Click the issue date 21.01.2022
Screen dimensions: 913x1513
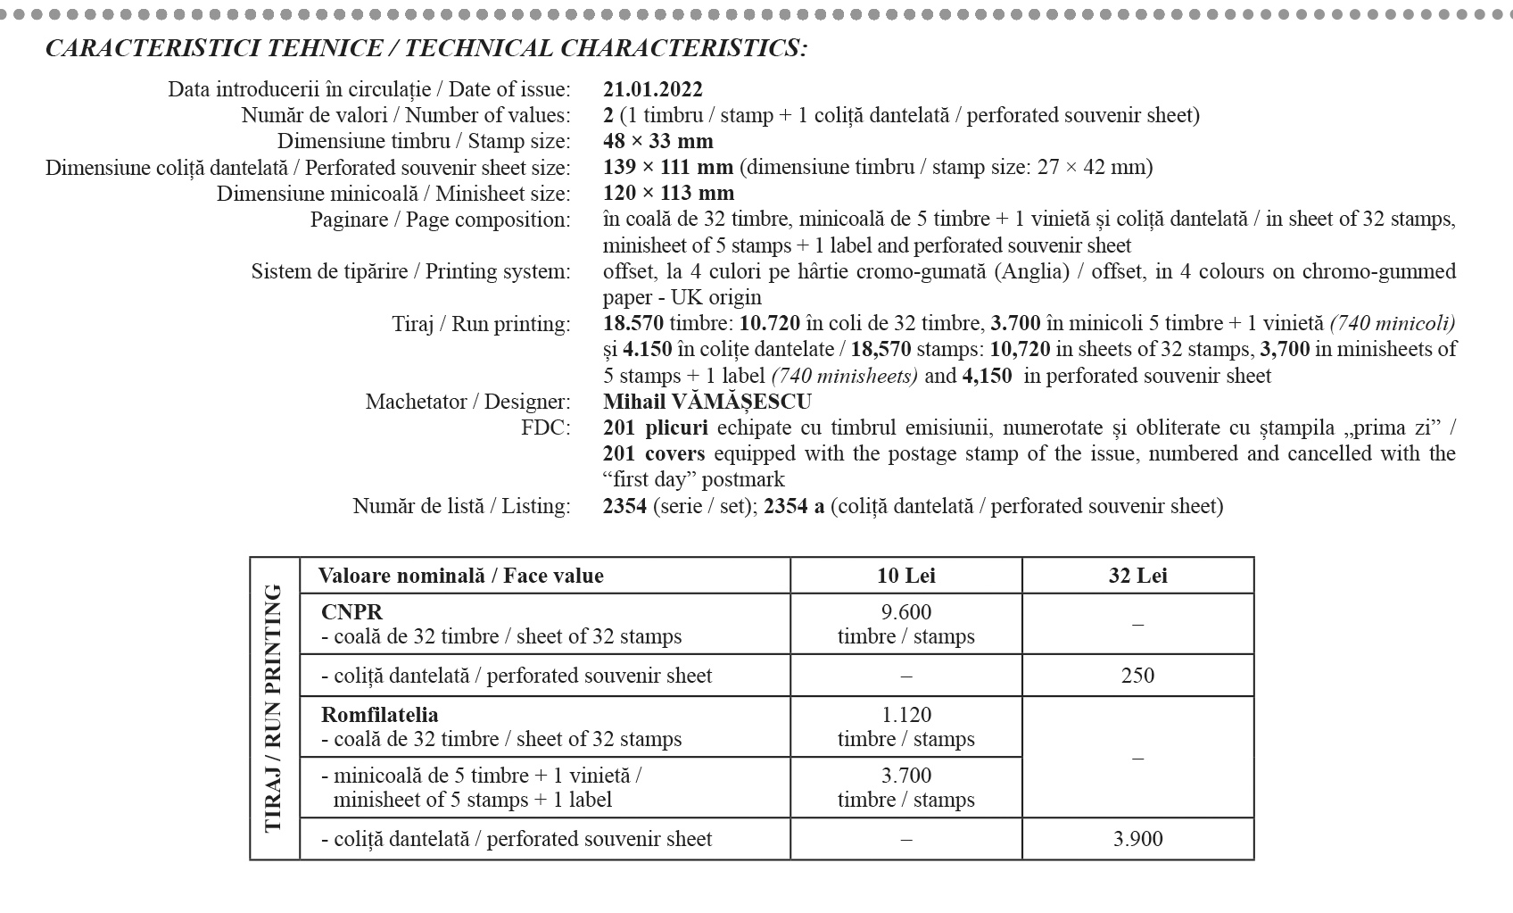point(653,89)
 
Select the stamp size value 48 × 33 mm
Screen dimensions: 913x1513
point(658,141)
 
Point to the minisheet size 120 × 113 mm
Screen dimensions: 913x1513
point(668,193)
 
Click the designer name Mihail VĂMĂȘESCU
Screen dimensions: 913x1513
point(707,402)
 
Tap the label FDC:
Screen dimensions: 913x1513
point(545,427)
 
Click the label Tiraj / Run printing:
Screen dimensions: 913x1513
point(481,323)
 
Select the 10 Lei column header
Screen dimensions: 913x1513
point(905,576)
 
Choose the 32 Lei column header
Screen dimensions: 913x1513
point(1137,576)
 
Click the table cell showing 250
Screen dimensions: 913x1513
point(1137,675)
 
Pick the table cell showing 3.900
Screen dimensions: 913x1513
point(1137,839)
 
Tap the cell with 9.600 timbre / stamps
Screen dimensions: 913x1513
point(905,624)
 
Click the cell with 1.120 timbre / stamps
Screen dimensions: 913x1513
point(905,726)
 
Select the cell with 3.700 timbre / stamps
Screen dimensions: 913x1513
point(905,787)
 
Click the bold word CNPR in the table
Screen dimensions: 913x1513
point(351,612)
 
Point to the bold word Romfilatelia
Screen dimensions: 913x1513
point(379,715)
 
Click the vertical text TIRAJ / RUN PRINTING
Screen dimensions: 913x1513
point(274,708)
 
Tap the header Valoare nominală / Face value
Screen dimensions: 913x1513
point(460,576)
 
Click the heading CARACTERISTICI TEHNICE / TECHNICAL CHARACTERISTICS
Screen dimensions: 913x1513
point(426,48)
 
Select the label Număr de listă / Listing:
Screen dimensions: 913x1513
point(461,506)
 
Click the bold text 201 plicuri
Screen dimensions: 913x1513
point(655,427)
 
